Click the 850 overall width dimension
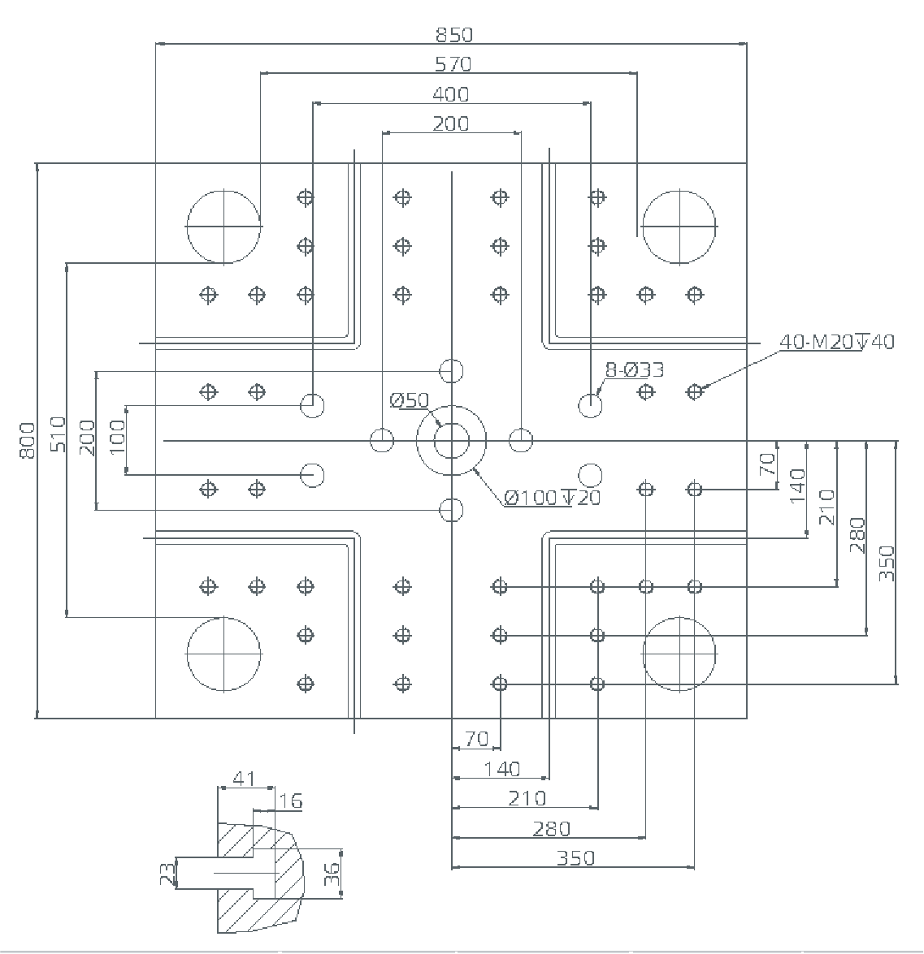453,35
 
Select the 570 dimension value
453,64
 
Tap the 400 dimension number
451,95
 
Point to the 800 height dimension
28,440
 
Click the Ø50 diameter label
409,400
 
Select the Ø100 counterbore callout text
553,497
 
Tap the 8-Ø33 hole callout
634,371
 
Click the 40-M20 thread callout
836,342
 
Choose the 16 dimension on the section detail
290,802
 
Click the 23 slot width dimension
167,874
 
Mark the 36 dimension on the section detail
332,874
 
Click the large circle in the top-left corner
223,226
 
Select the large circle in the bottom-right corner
679,653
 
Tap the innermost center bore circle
451,441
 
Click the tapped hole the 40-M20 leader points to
694,392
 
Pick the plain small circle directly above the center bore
451,371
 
